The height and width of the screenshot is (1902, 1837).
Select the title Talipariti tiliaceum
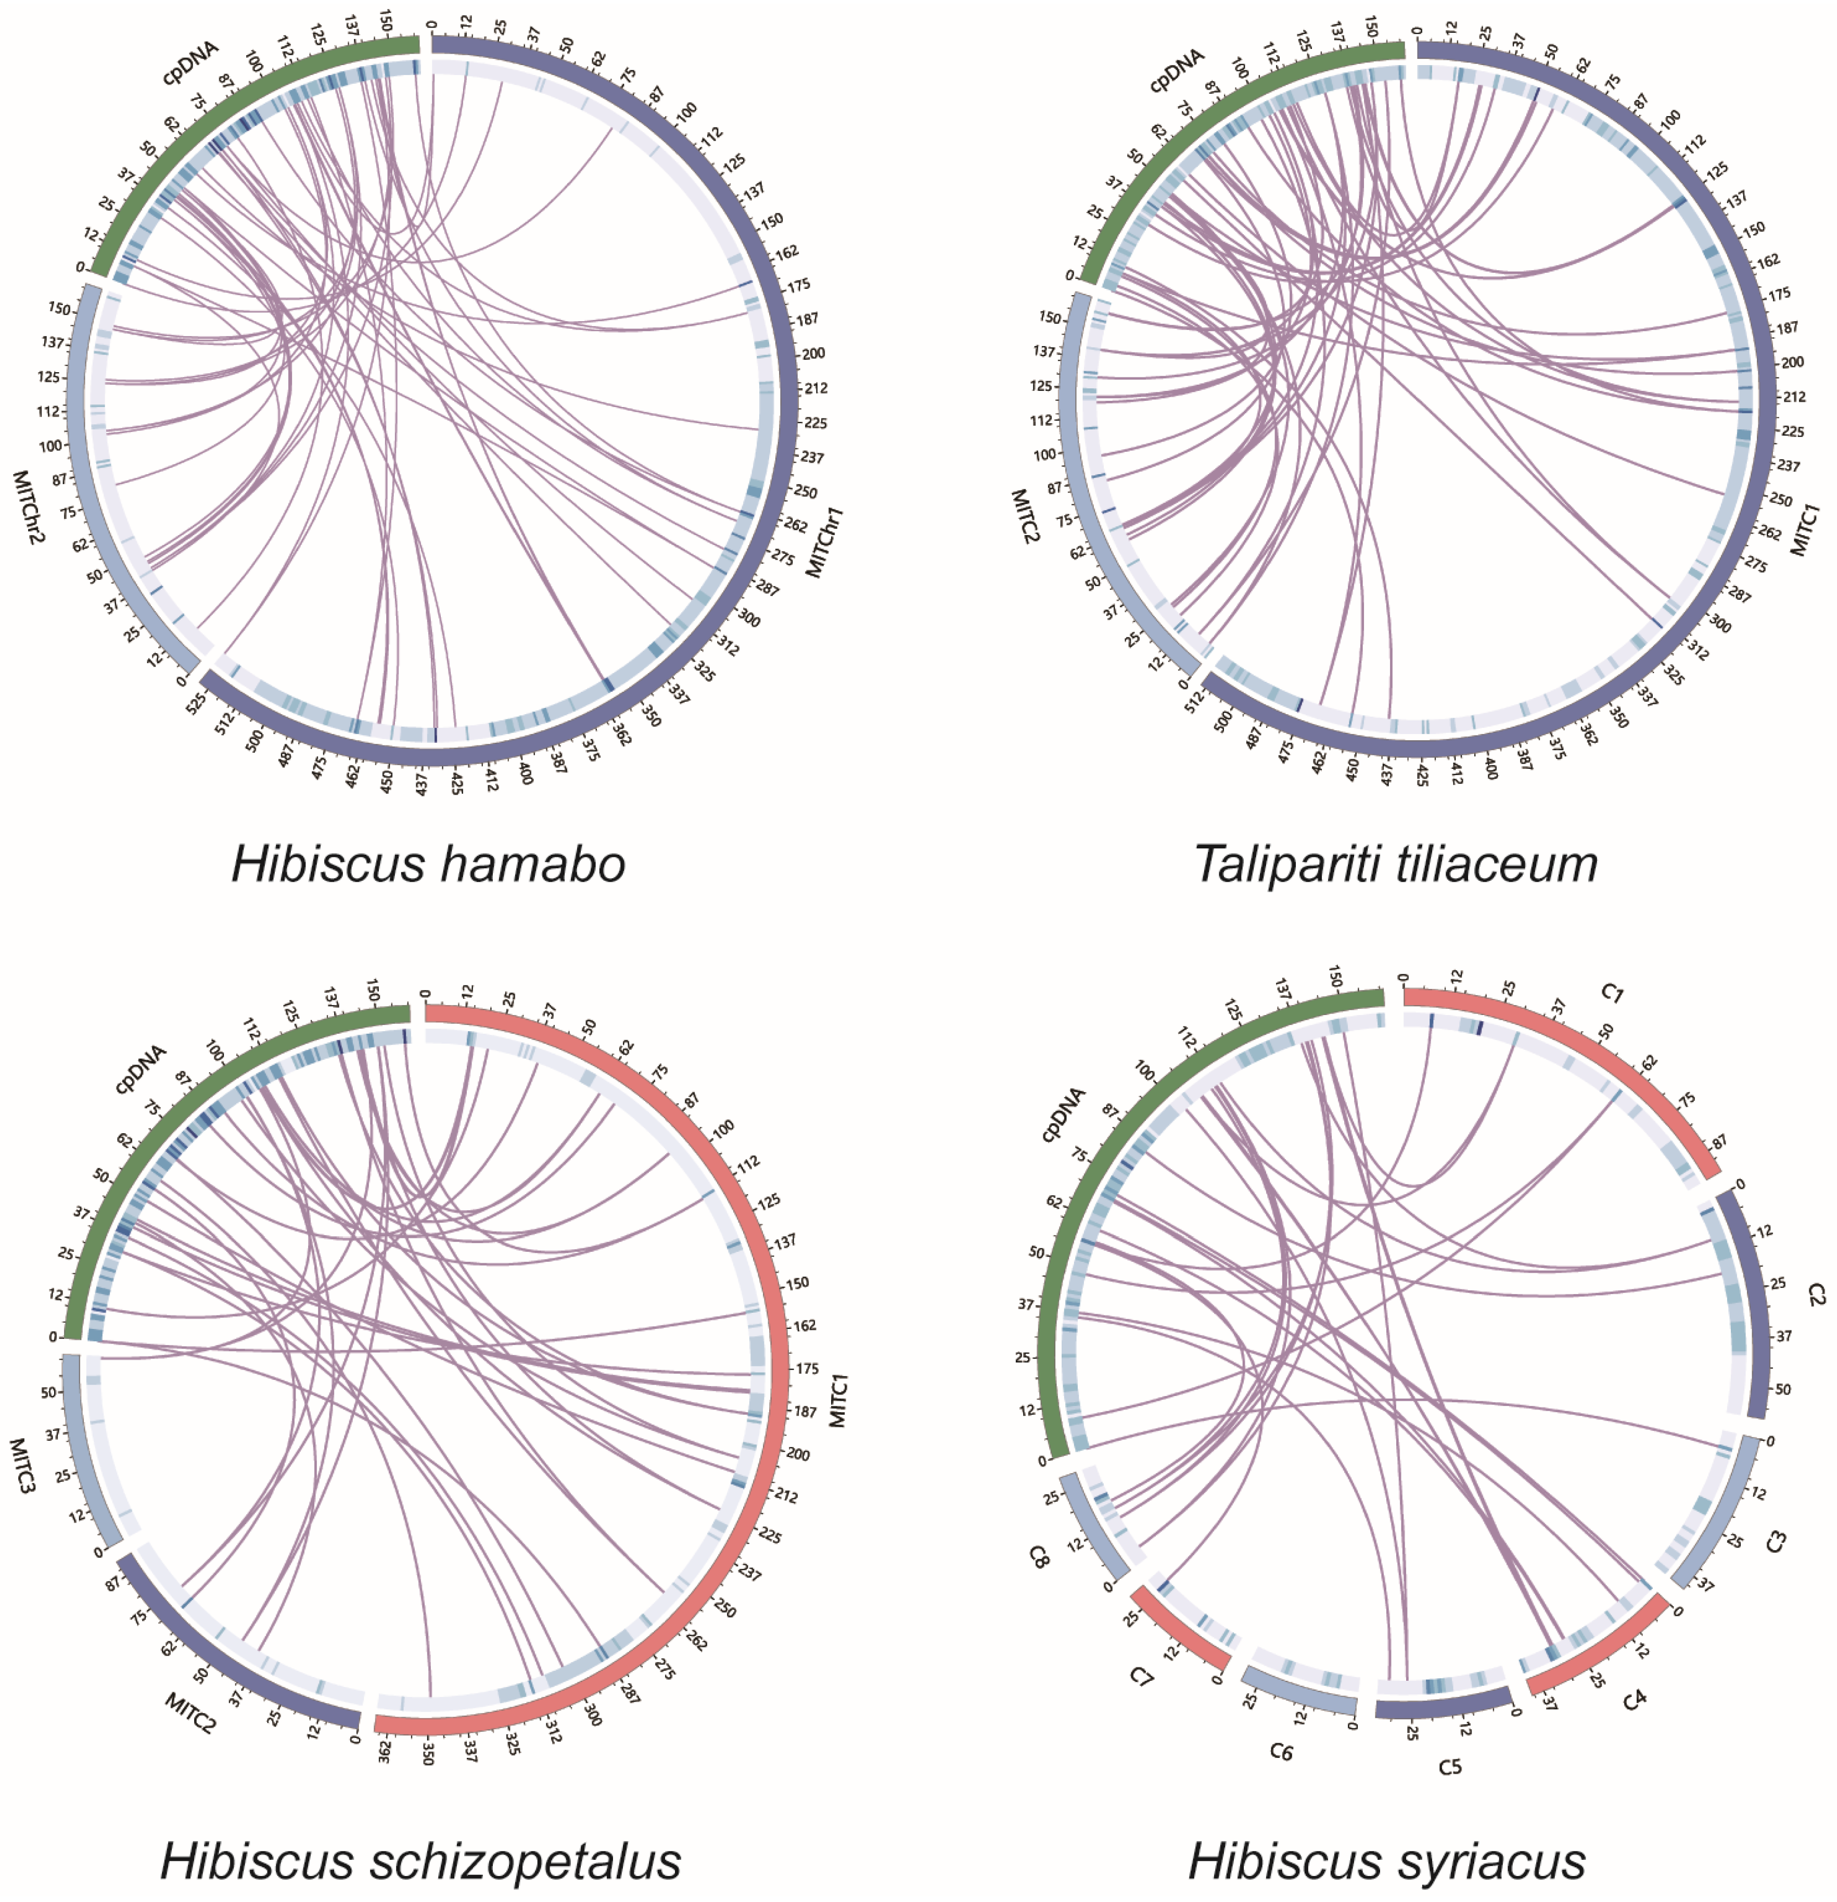1395,863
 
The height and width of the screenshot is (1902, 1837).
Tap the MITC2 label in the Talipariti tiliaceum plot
1025,515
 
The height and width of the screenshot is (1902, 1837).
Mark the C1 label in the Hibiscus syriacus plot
1611,992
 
